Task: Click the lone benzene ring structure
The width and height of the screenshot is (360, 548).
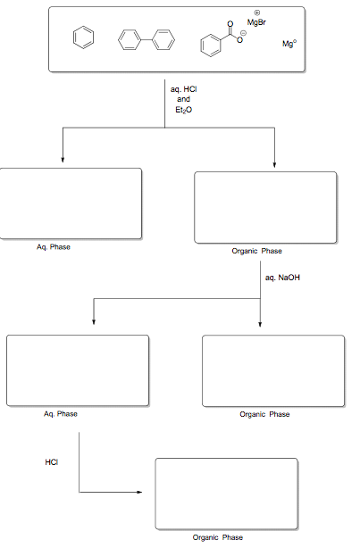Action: pos(82,38)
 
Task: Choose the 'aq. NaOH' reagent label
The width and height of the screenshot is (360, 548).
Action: pos(283,278)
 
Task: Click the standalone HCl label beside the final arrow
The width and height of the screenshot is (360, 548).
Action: pos(51,461)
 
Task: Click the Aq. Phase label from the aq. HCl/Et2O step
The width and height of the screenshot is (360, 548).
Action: pos(53,247)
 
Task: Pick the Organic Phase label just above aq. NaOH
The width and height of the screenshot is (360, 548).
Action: pos(256,252)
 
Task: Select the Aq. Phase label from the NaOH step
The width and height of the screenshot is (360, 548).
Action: pos(60,414)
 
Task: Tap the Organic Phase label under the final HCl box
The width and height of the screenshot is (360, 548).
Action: pos(218,537)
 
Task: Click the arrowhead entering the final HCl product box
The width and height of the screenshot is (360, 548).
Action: pos(138,492)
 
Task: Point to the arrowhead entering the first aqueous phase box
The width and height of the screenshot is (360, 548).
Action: pos(63,160)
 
